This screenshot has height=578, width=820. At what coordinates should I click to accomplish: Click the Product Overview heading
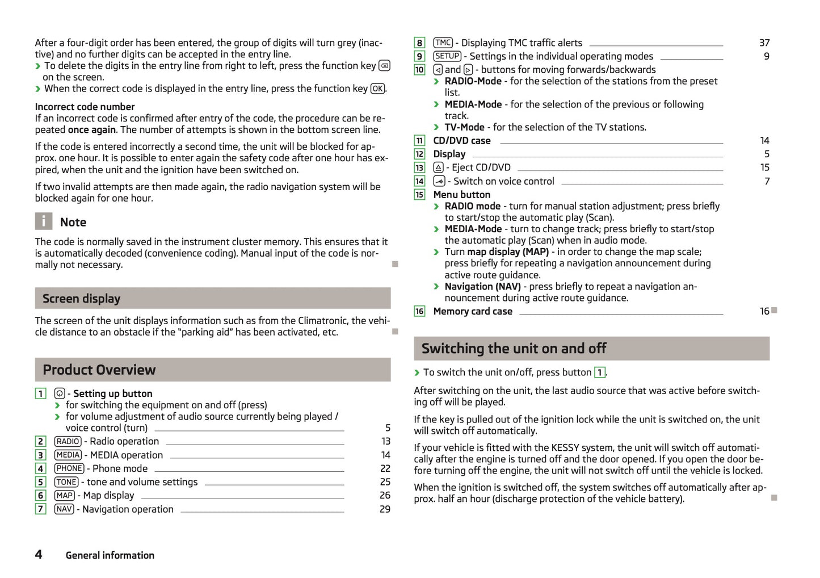99,370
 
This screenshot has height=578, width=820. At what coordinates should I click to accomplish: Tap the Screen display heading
81,299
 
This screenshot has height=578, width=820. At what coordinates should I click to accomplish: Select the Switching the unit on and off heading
514,348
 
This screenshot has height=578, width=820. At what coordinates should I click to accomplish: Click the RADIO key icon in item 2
68,441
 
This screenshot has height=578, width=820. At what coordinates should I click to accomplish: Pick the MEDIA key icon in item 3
68,455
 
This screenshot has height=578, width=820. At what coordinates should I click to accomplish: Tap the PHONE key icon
69,468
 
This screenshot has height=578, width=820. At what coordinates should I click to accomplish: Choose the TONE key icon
66,482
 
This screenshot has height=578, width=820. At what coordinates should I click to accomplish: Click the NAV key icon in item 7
64,509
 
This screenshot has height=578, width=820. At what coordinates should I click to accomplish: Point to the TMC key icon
443,43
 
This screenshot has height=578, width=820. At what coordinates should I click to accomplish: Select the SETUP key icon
447,56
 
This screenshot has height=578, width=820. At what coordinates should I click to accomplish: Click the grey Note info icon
44,221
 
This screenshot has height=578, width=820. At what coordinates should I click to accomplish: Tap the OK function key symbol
377,89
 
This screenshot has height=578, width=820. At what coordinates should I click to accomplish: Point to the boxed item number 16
419,311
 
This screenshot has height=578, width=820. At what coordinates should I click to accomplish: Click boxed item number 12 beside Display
419,154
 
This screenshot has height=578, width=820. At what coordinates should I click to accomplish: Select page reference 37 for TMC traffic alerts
764,43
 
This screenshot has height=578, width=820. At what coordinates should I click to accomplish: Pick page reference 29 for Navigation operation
385,509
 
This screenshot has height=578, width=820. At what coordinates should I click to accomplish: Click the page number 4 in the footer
39,554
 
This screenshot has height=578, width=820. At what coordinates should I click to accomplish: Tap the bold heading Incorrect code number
85,107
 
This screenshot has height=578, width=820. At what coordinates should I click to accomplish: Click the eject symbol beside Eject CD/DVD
438,167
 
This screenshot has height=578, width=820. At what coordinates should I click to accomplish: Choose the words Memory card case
473,311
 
